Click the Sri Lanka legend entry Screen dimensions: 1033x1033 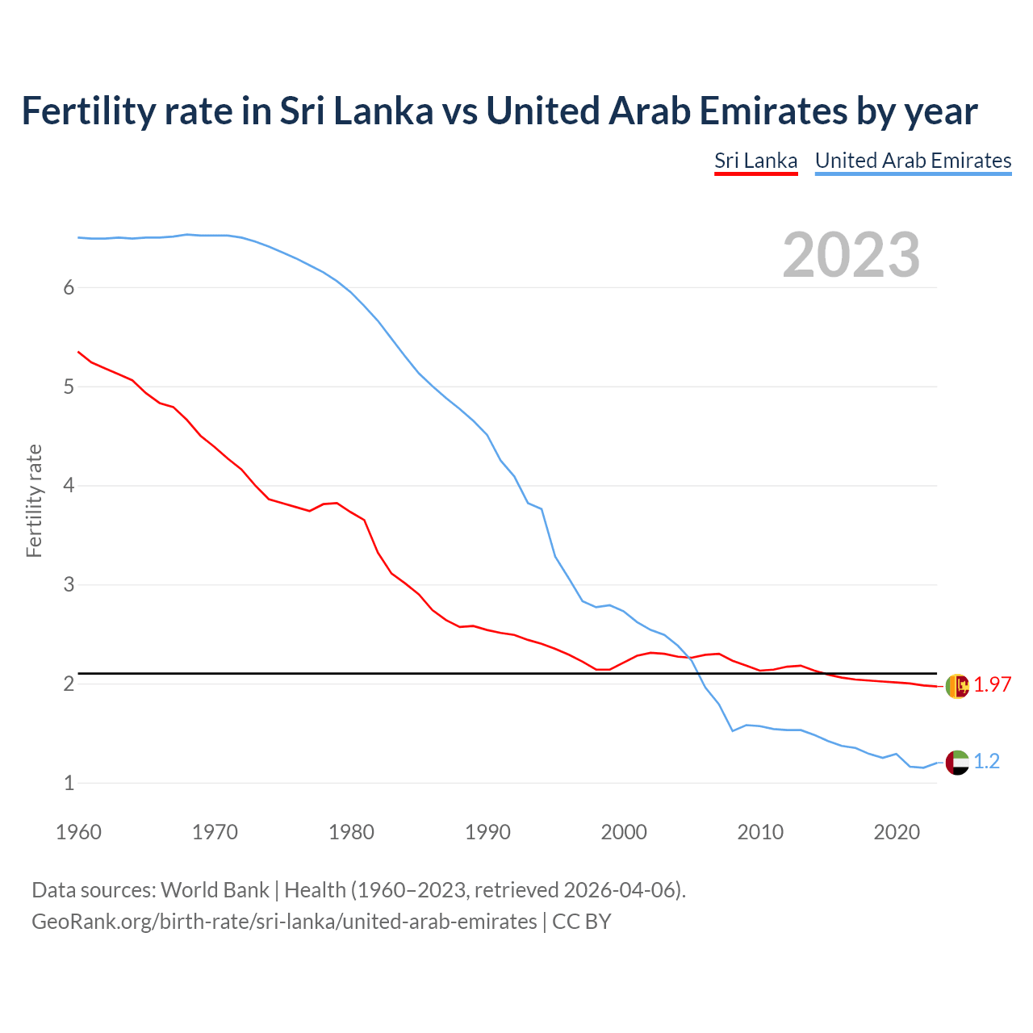click(x=755, y=161)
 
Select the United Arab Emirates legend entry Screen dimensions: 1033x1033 click(x=913, y=161)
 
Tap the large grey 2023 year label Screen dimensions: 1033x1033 click(x=851, y=255)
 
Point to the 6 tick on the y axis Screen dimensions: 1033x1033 click(x=69, y=288)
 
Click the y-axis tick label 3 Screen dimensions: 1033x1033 click(x=69, y=584)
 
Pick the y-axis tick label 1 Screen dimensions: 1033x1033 click(x=69, y=783)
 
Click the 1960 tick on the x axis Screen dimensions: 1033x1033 click(x=78, y=832)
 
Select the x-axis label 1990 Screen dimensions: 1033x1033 click(x=487, y=832)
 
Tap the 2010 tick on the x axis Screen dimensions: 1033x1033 click(x=760, y=832)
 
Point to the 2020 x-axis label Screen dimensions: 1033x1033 click(x=897, y=832)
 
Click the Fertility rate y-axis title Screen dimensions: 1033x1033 click(x=34, y=500)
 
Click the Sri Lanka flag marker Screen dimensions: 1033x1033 click(x=957, y=686)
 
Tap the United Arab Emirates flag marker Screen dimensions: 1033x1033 click(x=957, y=762)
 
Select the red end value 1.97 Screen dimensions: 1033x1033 click(x=992, y=685)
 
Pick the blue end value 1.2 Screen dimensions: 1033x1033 click(x=986, y=762)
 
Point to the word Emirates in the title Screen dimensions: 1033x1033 click(x=773, y=111)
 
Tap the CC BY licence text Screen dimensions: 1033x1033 click(x=582, y=922)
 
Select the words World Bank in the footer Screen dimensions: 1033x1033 click(x=215, y=890)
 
